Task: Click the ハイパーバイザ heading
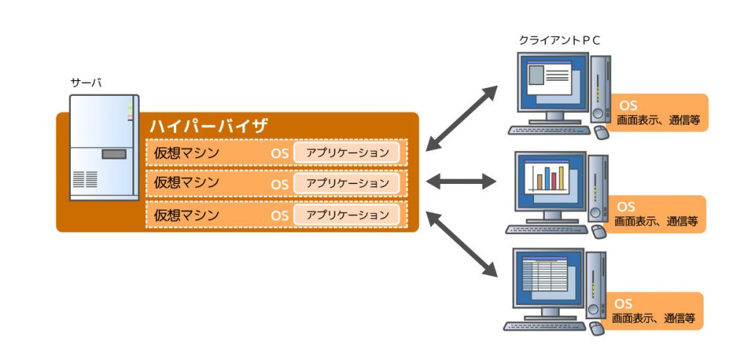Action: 209,126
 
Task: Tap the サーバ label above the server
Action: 85,83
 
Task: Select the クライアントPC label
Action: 559,41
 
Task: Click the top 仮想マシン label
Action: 186,152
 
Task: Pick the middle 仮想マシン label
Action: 186,183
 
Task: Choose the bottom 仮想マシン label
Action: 186,214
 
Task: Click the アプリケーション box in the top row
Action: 346,152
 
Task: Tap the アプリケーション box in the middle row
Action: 346,183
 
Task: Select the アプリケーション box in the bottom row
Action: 346,214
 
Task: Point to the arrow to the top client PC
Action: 462,118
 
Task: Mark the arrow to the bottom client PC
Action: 462,244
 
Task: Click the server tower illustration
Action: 103,147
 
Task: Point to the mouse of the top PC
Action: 601,132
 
